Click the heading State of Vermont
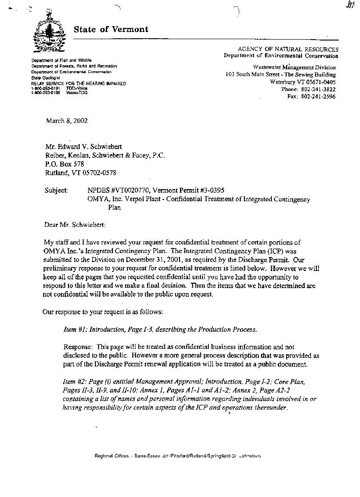click(111, 29)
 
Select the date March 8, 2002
click(67, 121)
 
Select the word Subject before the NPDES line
click(56, 190)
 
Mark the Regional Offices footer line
click(178, 456)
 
